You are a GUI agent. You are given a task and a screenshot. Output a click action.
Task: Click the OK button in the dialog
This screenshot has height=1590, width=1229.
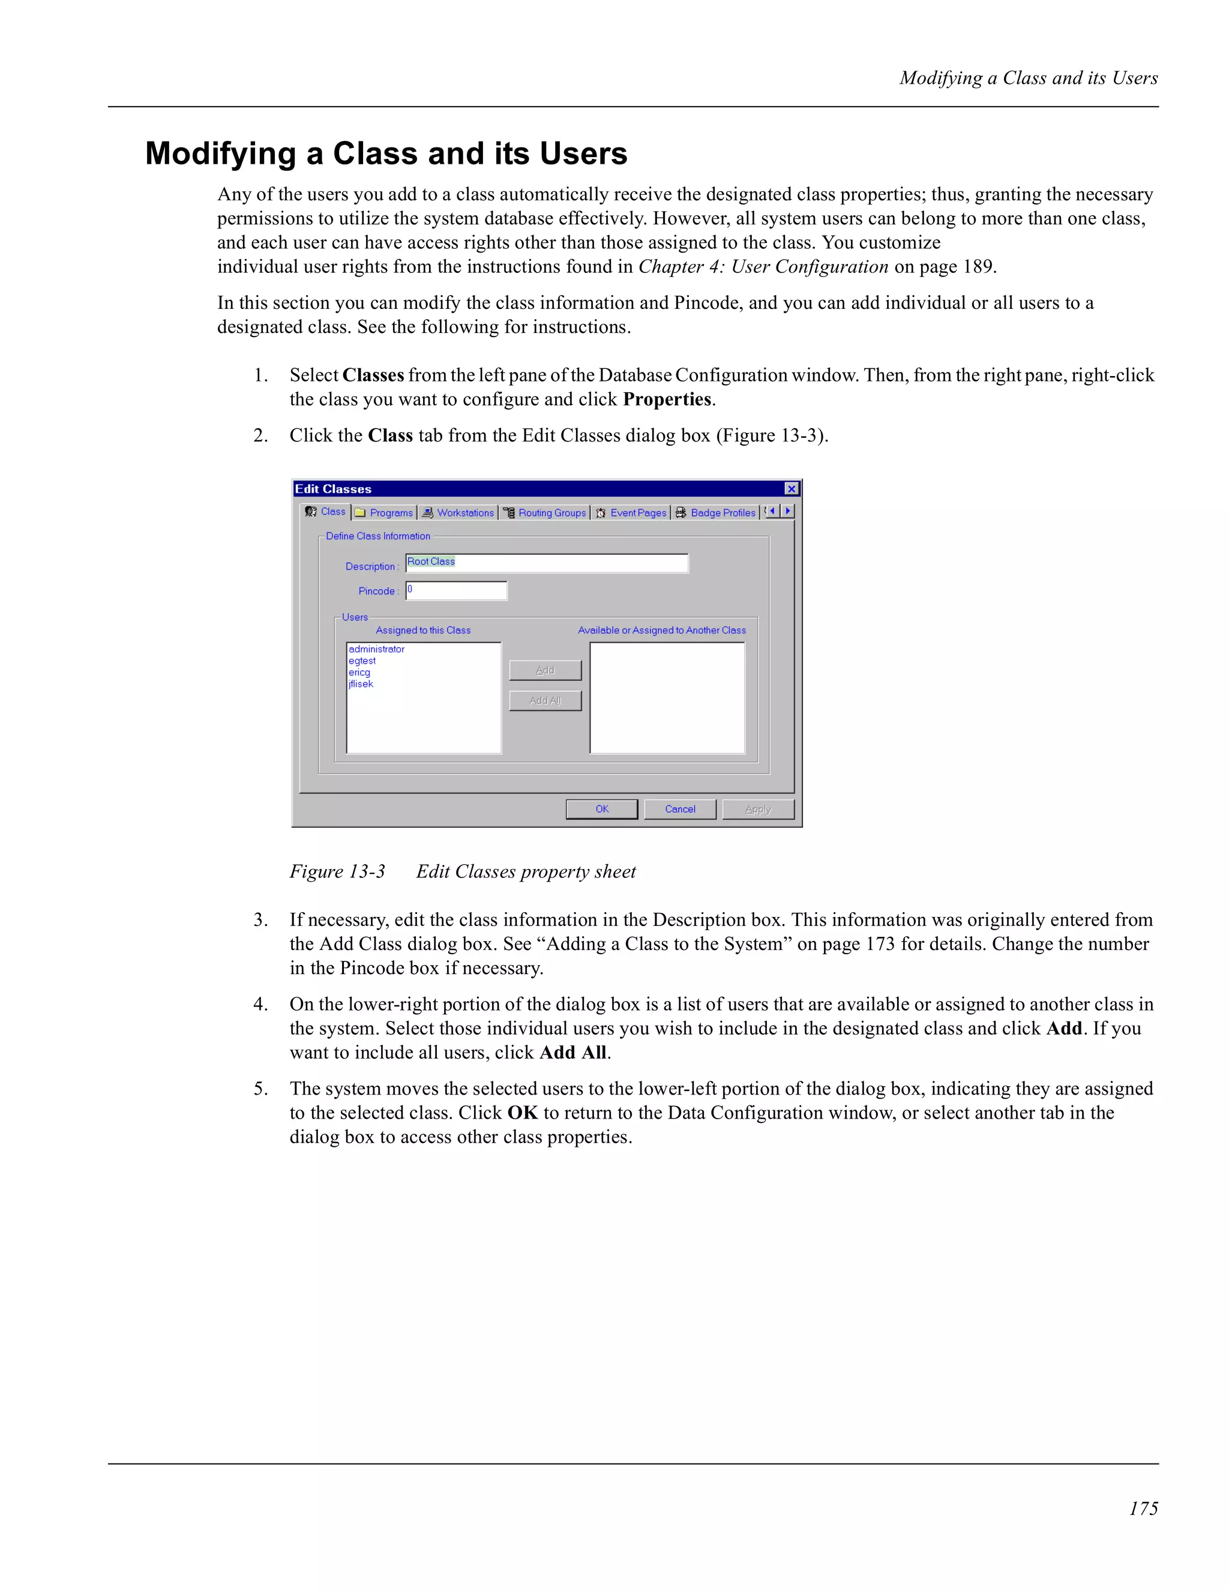601,809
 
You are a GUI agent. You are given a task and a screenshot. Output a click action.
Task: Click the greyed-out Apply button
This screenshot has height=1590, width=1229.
758,809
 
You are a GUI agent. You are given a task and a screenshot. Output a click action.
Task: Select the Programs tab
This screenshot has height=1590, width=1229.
384,513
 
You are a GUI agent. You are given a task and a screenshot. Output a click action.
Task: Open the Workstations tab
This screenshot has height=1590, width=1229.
458,513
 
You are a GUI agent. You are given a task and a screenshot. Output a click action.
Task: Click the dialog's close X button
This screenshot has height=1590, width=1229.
791,488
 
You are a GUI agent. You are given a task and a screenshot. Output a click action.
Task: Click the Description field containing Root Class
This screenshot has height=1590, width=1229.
546,563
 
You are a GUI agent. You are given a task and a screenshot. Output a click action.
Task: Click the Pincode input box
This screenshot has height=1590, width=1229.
456,590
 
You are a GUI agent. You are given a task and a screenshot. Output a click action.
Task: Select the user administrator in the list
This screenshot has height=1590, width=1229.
377,649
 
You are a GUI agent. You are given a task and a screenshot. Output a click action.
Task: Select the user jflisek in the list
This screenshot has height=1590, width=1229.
361,684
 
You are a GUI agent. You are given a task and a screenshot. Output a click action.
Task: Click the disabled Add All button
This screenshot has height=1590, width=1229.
545,701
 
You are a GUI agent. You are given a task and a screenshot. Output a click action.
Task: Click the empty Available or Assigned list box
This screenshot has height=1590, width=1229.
667,698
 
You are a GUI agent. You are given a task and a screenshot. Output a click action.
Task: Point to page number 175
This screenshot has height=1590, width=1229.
1143,1508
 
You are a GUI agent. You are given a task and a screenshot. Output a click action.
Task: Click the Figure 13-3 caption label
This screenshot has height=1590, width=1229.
337,871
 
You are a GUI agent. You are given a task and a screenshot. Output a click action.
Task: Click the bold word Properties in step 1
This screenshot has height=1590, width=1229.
667,399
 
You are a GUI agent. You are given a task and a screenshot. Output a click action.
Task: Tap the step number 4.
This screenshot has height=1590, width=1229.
259,1004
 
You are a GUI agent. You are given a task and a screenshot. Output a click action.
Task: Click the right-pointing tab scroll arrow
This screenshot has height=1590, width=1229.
787,511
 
